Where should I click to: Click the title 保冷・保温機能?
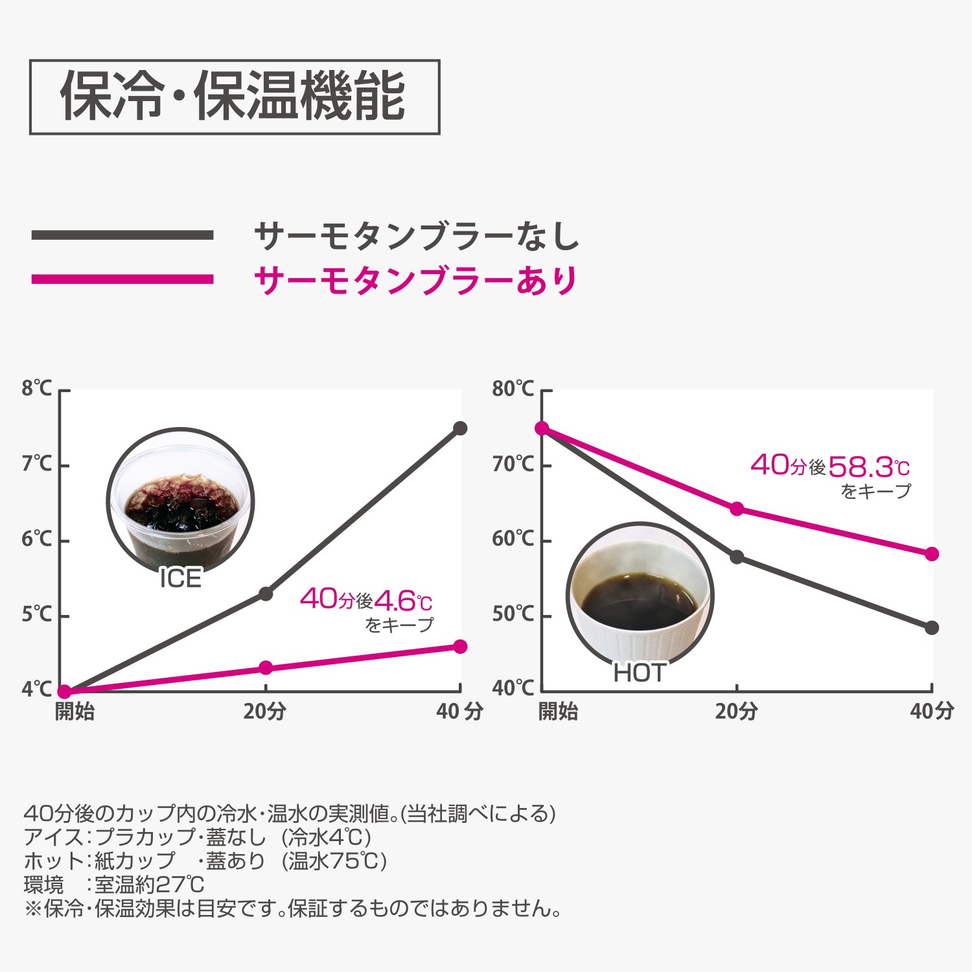click(x=234, y=97)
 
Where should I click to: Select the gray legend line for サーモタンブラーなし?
click(x=122, y=235)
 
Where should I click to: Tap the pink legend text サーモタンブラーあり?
click(x=415, y=281)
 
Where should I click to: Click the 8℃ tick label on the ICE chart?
click(x=36, y=389)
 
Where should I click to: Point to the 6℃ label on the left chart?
click(x=36, y=539)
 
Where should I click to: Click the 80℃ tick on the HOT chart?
click(x=513, y=389)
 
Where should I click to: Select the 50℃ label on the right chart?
click(x=513, y=614)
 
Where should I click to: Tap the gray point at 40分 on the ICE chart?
click(x=460, y=428)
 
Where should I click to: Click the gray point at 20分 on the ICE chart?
click(x=266, y=593)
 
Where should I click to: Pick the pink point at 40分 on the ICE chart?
click(x=460, y=646)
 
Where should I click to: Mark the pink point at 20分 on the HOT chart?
click(x=737, y=509)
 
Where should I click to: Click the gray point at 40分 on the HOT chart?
click(x=932, y=627)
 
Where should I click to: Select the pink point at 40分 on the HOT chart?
click(x=932, y=554)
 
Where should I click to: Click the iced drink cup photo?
click(x=180, y=502)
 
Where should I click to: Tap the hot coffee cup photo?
click(x=640, y=596)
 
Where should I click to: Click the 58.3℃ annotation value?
click(x=868, y=467)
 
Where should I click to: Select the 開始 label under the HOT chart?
click(x=558, y=712)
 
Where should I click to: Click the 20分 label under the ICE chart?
click(x=264, y=712)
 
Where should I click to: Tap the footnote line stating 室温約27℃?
click(x=114, y=885)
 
